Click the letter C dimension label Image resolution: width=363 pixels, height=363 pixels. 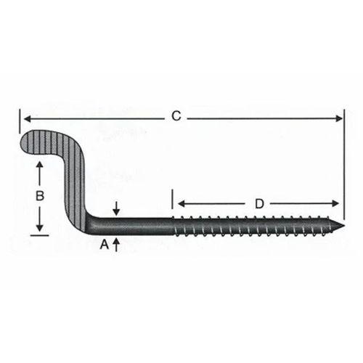(175, 115)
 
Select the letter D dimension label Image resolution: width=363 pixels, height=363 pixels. (258, 204)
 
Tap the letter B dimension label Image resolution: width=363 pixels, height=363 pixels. (40, 195)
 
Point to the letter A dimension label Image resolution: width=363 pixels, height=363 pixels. (104, 245)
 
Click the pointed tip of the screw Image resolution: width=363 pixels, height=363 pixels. (340, 223)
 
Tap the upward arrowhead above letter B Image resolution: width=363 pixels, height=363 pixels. (40, 166)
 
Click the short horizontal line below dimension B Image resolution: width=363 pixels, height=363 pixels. (40, 235)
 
